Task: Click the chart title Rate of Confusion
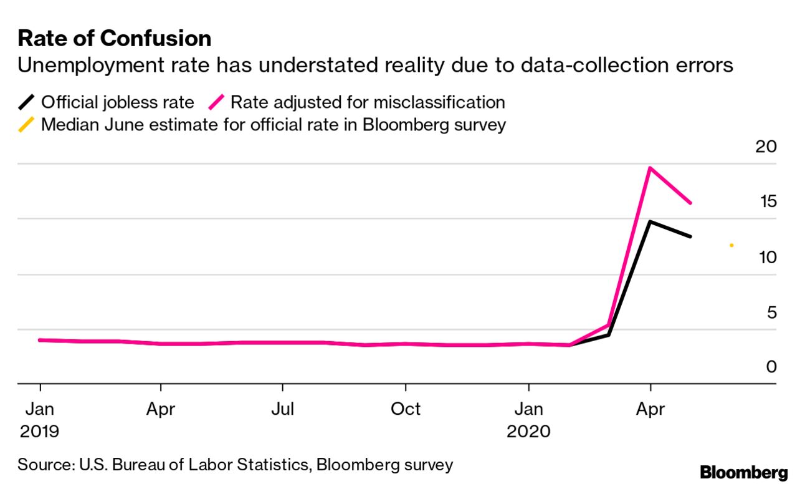[x=115, y=39]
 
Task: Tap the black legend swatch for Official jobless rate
[x=26, y=102]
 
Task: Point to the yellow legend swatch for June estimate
[x=26, y=125]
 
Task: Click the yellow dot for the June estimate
[x=731, y=245]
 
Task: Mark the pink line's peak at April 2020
[x=650, y=168]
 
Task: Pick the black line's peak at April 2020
[x=650, y=221]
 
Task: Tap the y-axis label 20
[x=766, y=147]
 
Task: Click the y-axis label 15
[x=766, y=201]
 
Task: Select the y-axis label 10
[x=766, y=256]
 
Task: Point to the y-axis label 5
[x=771, y=311]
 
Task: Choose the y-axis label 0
[x=771, y=366]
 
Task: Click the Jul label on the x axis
[x=283, y=409]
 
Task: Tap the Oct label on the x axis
[x=405, y=409]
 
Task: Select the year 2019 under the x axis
[x=40, y=431]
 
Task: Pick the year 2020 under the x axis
[x=528, y=431]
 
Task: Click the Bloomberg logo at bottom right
[x=743, y=472]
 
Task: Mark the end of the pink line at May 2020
[x=691, y=203]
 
